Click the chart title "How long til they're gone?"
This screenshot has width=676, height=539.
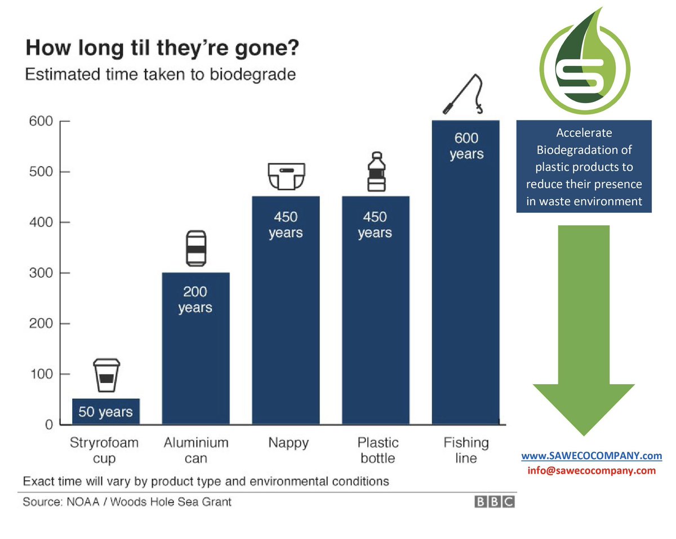point(162,48)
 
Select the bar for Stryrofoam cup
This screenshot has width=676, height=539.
point(106,411)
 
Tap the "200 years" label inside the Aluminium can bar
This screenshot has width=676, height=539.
point(195,300)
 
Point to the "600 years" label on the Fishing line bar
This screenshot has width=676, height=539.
point(466,146)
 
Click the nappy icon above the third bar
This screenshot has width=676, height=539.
point(286,176)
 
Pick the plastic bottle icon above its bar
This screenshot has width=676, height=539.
point(375,172)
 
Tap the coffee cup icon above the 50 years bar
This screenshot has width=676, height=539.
point(106,375)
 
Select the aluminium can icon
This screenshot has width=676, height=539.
point(195,248)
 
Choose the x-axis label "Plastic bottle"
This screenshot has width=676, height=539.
point(377,450)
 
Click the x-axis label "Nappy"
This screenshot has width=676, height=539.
point(289,443)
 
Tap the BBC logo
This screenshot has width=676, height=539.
point(494,502)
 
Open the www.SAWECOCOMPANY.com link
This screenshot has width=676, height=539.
point(591,455)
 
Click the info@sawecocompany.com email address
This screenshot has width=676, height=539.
point(591,470)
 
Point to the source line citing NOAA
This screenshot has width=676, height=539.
point(127,501)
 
